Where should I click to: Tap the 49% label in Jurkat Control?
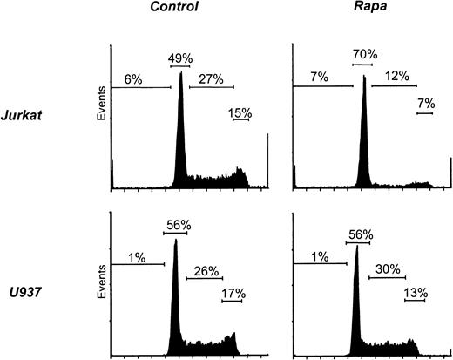pos(180,58)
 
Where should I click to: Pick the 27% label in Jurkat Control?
pos(212,79)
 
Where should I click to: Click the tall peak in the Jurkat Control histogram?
pos(180,131)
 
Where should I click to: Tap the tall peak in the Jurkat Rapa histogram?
pos(363,131)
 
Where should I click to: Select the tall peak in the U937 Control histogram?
pos(175,296)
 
